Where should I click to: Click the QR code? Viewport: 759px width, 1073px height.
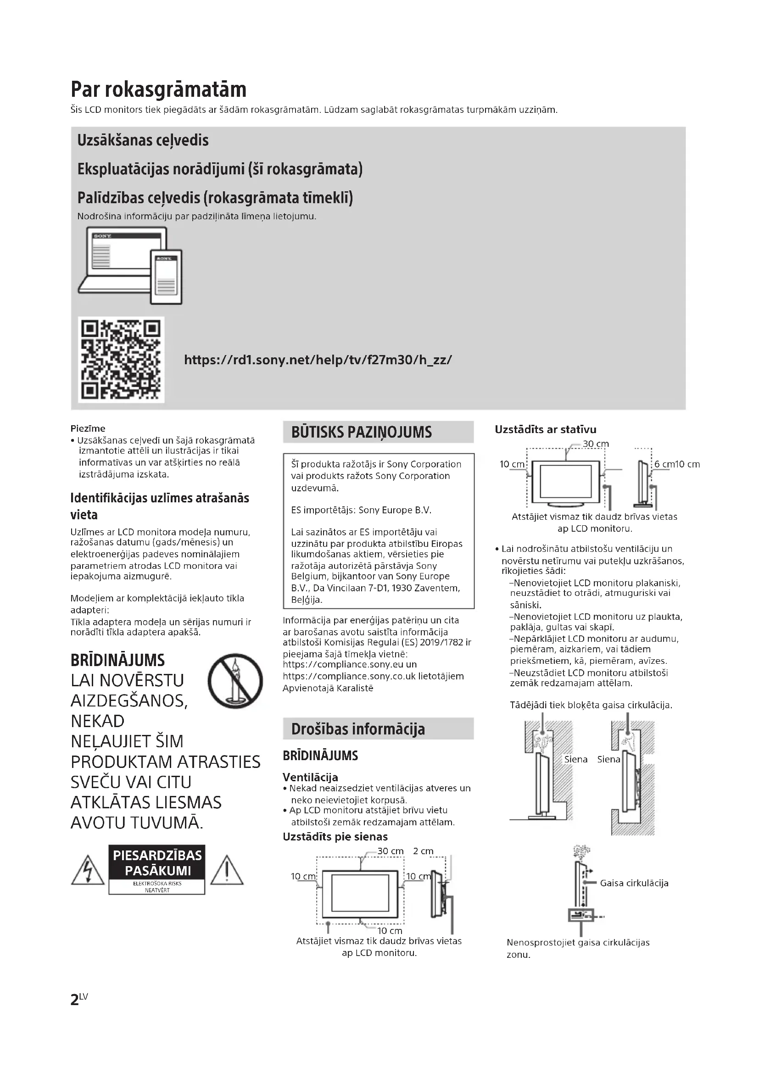[121, 359]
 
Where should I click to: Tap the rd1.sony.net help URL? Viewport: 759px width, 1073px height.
[318, 360]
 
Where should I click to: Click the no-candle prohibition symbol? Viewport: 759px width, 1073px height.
[235, 680]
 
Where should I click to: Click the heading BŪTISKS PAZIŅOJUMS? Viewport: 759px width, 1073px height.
[361, 432]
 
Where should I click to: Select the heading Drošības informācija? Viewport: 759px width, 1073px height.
[358, 729]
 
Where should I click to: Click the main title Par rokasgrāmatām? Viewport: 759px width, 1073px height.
[158, 89]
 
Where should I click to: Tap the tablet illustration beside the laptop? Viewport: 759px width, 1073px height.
[167, 277]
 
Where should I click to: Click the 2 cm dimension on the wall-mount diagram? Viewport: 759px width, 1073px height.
[423, 851]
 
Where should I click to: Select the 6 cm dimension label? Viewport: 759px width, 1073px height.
[664, 464]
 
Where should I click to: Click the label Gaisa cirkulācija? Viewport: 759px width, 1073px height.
[634, 883]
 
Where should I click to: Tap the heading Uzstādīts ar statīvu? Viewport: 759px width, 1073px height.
[546, 429]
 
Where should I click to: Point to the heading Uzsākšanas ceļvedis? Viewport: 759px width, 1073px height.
[143, 140]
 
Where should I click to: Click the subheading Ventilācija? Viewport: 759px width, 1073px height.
[310, 777]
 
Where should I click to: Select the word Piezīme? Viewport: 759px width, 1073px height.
[88, 428]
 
